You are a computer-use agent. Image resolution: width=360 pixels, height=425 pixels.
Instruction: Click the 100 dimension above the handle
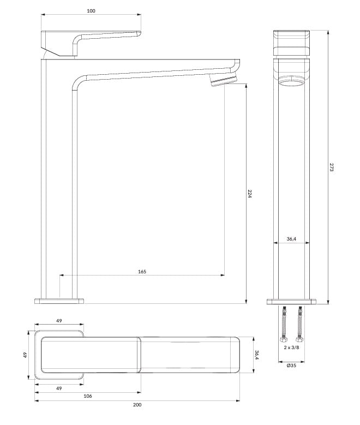tap(91, 11)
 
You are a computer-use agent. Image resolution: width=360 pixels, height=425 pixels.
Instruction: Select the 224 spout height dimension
tap(250, 194)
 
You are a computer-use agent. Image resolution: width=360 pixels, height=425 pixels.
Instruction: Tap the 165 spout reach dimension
tap(142, 272)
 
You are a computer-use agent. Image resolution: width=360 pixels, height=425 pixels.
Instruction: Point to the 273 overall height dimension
tap(332, 167)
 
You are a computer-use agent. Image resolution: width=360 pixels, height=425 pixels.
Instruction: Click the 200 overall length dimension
tap(137, 405)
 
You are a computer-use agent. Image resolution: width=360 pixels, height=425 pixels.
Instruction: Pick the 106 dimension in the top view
tap(88, 396)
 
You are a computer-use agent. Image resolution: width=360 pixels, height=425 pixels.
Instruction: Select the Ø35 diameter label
tap(291, 366)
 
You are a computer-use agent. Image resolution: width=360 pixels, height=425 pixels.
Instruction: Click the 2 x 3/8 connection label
tap(291, 348)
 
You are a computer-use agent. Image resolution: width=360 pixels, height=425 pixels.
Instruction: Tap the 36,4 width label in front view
tap(291, 239)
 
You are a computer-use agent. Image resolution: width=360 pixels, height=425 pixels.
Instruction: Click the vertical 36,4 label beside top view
tap(257, 355)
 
